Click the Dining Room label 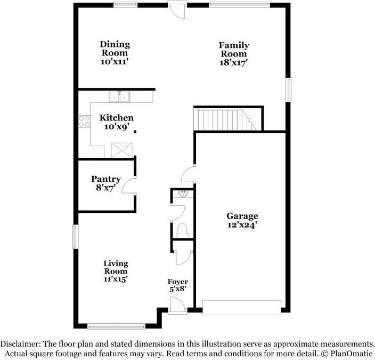(115, 49)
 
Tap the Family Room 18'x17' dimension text (233, 62)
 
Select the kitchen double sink (119, 97)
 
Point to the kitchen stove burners (84, 122)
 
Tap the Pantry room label (105, 179)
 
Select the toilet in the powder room (182, 230)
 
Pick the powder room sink (183, 194)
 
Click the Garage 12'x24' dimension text (242, 225)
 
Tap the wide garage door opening (242, 307)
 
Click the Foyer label (178, 282)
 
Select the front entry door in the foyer (177, 305)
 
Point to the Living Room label (116, 267)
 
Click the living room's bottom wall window (117, 326)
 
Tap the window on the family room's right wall (289, 90)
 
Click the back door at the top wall (177, 10)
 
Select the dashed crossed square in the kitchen (122, 150)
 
